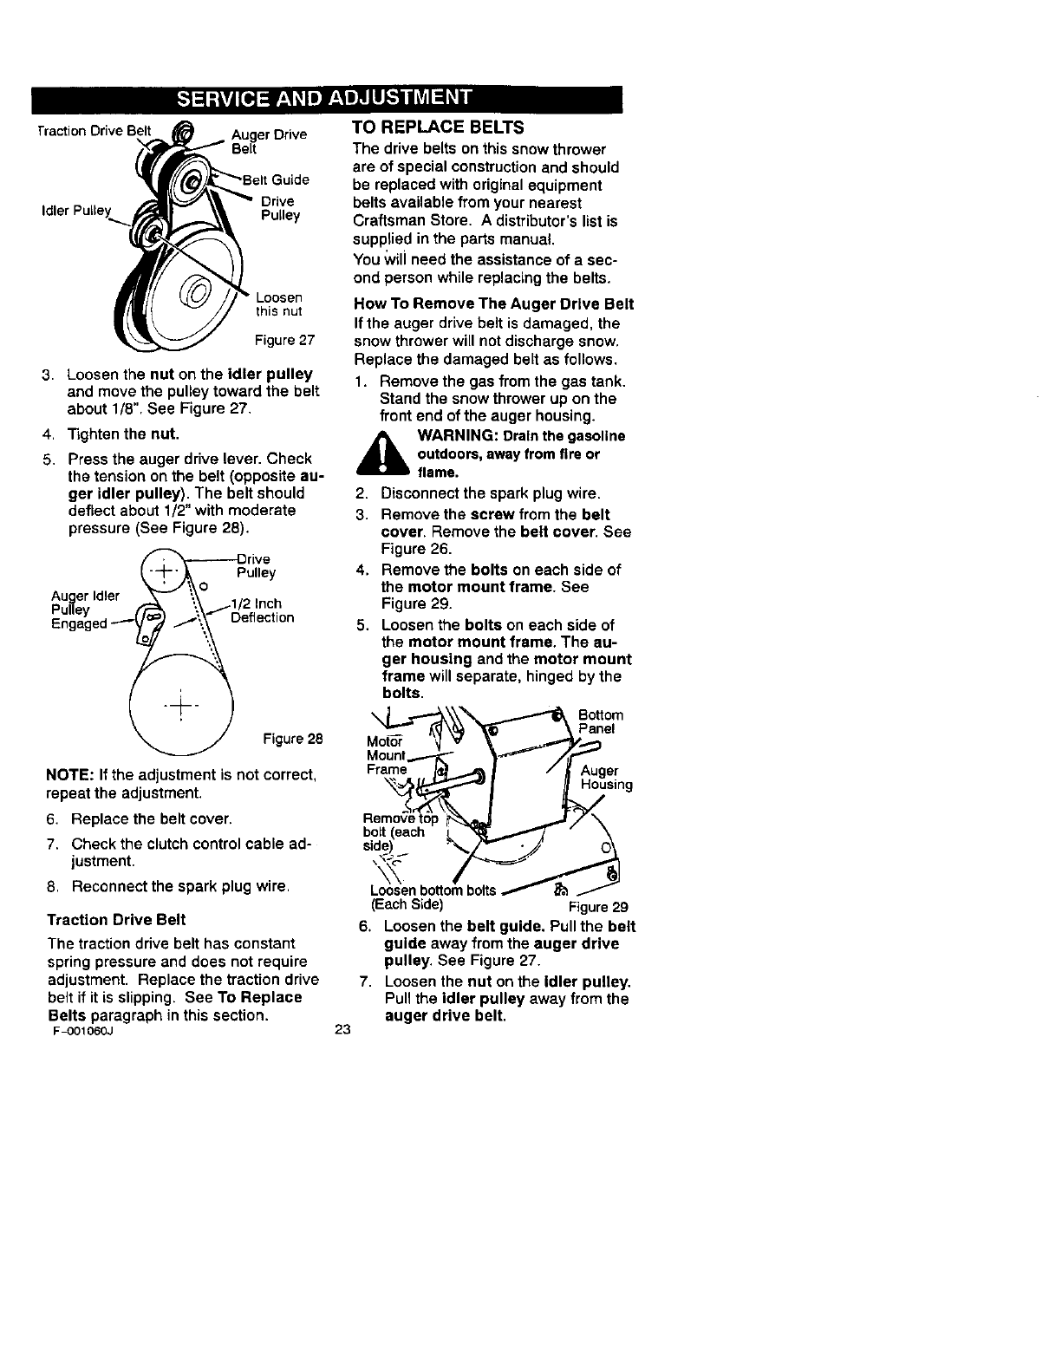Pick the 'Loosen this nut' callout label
(278, 304)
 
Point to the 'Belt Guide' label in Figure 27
(276, 180)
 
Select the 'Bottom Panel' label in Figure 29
(600, 721)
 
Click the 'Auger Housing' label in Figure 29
(606, 778)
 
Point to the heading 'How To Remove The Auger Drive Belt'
(493, 304)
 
